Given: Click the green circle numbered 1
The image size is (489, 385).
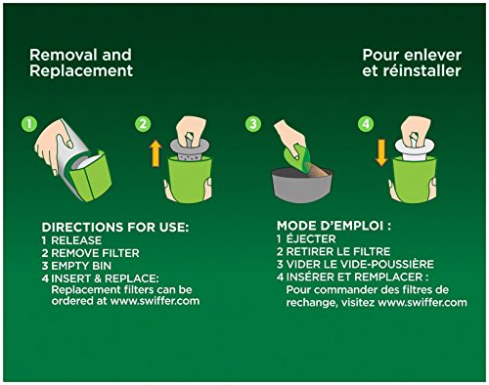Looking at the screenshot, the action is (x=29, y=124).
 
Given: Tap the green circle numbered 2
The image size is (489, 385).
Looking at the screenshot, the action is (x=143, y=124).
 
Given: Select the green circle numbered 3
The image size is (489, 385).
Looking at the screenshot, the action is (x=253, y=124).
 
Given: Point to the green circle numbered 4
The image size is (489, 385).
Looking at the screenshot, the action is (x=366, y=124).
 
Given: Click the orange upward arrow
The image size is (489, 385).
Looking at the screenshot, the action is (x=156, y=153).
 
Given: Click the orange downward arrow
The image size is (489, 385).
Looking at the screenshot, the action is (x=381, y=152).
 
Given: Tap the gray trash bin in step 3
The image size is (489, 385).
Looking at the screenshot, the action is (x=302, y=185).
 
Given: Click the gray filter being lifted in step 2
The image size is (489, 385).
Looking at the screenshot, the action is (x=190, y=149).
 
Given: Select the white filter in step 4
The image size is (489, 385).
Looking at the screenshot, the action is (x=415, y=149).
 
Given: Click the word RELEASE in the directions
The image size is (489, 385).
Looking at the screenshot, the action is (x=76, y=240).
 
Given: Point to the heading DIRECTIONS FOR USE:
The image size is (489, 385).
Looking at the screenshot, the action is (x=115, y=228).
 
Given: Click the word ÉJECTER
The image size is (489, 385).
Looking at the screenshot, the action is (x=311, y=238).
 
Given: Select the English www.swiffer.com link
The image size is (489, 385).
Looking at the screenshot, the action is (x=155, y=301).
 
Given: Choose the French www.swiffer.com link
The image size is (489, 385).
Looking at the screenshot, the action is (x=422, y=303).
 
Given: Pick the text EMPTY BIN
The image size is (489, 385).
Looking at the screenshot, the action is (x=81, y=266).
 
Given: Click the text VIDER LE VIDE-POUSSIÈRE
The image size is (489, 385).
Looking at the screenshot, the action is (x=360, y=264).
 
